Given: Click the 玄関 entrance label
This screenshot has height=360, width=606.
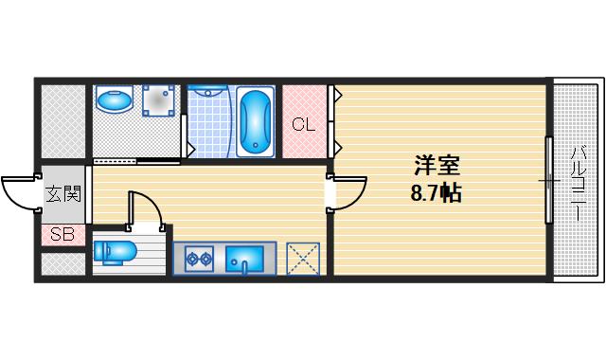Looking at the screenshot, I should click(x=63, y=194).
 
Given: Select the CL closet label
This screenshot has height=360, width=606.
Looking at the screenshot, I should click(x=303, y=124).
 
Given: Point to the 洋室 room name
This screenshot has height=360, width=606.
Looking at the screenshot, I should click(x=437, y=166).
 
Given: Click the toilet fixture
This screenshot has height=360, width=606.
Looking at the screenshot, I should click(x=116, y=253).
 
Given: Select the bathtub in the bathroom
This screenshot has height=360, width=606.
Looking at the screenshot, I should click(x=255, y=123).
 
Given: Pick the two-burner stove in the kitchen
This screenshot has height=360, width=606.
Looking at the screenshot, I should click(x=199, y=257).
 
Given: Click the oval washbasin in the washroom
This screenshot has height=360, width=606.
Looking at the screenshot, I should click(x=116, y=99).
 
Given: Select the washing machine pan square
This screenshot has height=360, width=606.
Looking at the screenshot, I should click(x=159, y=100).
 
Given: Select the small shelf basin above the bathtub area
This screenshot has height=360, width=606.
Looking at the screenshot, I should click(x=210, y=92).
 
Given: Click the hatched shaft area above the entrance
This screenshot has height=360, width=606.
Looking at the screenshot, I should click(x=62, y=121).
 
